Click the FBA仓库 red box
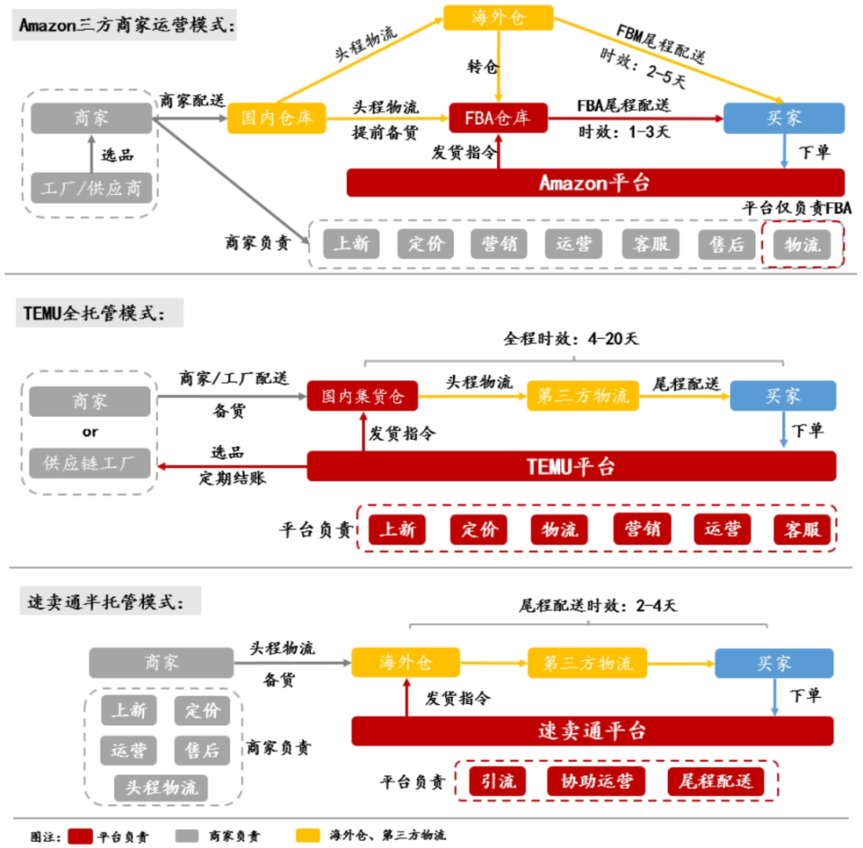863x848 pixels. click(497, 118)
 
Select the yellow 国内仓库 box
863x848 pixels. click(275, 118)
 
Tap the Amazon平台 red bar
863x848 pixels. click(595, 183)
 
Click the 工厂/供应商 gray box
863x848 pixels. click(92, 188)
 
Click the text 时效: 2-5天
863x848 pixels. click(643, 68)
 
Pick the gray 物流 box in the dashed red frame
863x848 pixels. click(802, 244)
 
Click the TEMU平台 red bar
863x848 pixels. click(572, 466)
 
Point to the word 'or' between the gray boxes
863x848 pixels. click(90, 432)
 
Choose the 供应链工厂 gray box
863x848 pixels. click(90, 464)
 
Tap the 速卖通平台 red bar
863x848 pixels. click(592, 730)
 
